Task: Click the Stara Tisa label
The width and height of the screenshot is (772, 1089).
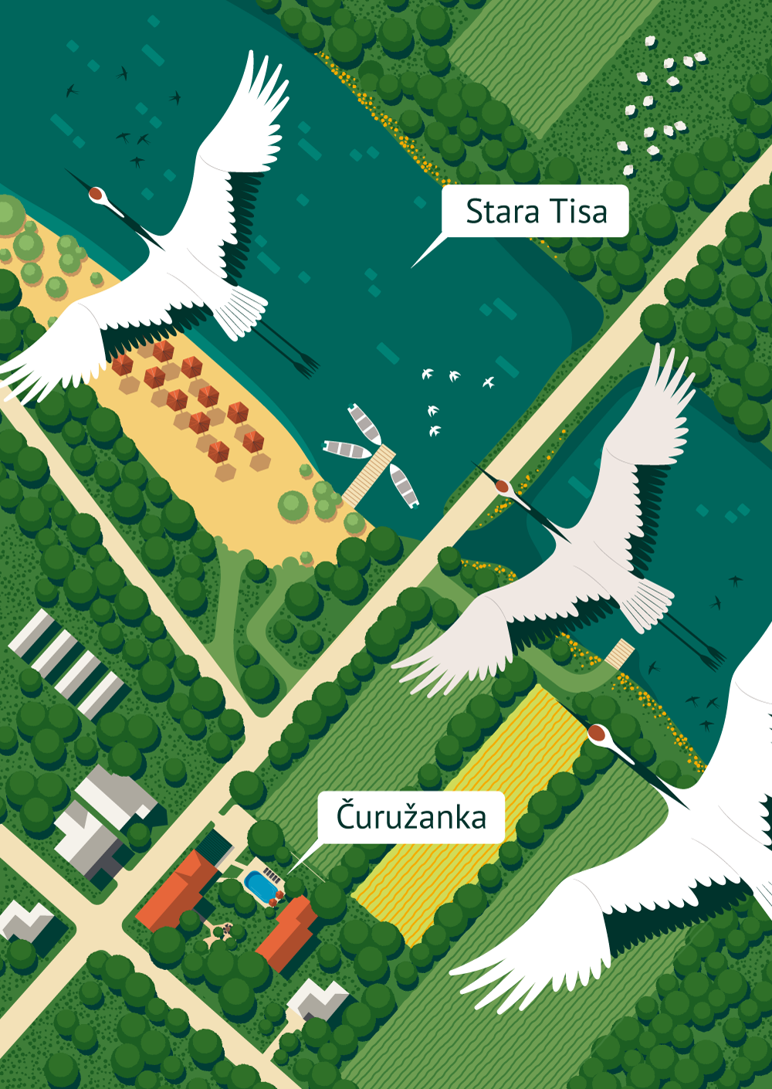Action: tap(536, 211)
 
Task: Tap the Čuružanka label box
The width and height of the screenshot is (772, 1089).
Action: tap(411, 817)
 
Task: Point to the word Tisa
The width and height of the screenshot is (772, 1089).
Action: tap(578, 211)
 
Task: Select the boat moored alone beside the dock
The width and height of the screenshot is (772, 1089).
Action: tap(404, 485)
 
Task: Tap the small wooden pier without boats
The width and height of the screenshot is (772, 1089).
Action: tap(619, 654)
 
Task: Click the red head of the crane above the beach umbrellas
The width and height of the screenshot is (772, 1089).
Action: tap(96, 194)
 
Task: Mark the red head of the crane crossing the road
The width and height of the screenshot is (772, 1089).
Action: tap(503, 487)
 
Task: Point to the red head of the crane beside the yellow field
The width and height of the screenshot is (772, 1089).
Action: tap(596, 731)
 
